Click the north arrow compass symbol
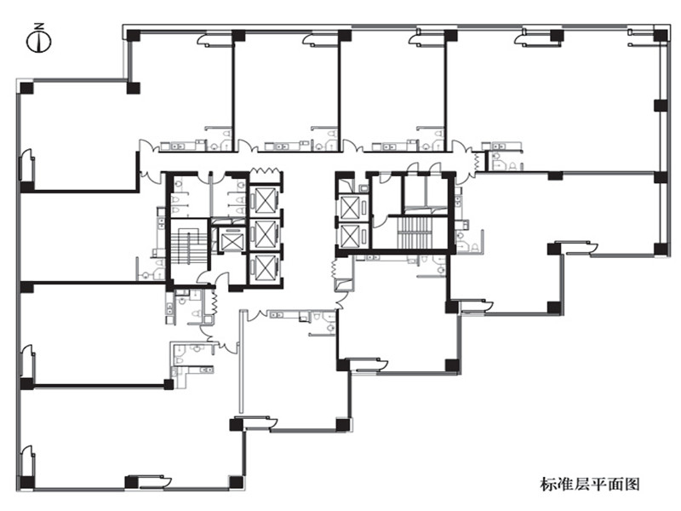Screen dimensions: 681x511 click(x=39, y=41)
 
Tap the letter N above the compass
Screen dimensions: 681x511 click(x=39, y=26)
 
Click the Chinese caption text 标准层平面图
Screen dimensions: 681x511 click(x=590, y=484)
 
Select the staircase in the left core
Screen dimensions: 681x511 click(x=187, y=248)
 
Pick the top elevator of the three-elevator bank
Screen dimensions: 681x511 click(x=265, y=200)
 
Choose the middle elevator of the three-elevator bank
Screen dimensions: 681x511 click(x=265, y=234)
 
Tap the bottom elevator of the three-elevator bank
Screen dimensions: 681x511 click(x=265, y=267)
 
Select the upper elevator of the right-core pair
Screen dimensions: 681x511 click(x=352, y=207)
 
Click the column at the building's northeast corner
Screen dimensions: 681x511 click(x=661, y=35)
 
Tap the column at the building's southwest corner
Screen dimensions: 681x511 click(x=27, y=482)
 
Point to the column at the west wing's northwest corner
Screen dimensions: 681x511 click(x=27, y=88)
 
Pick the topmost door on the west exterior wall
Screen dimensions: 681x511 click(x=26, y=165)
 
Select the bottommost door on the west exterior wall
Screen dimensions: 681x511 click(x=26, y=462)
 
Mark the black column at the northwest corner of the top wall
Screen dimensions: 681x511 click(x=134, y=35)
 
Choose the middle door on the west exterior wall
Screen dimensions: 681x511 click(x=26, y=361)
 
